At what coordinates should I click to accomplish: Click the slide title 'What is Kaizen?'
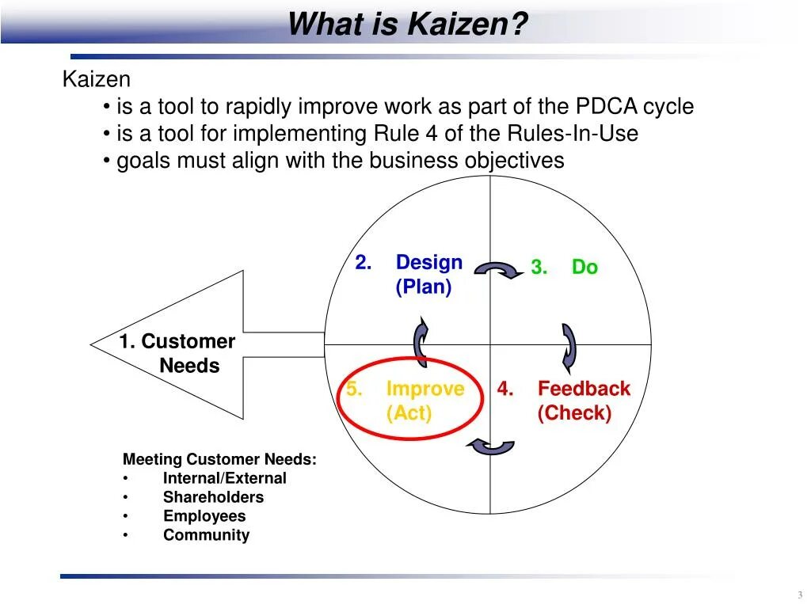coord(407,24)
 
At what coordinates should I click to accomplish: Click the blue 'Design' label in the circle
coord(428,262)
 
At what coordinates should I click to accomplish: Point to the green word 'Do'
coord(584,268)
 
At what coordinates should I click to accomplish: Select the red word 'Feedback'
coord(584,389)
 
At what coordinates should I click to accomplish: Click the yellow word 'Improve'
coord(425,389)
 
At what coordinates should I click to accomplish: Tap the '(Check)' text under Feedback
coord(574,413)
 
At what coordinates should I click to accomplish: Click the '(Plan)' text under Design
coord(424,287)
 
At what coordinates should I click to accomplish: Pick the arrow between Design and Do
coord(497,270)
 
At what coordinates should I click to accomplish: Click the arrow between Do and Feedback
coord(569,348)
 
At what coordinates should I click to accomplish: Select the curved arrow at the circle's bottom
coord(491,446)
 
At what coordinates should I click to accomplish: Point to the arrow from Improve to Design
coord(421,341)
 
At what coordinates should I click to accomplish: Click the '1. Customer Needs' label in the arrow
coord(178,353)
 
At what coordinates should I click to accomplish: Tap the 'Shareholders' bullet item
coord(213,497)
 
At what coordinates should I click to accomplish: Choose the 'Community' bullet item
coord(206,535)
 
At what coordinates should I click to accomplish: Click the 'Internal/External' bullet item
coord(225,478)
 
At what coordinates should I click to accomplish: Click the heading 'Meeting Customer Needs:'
coord(219,459)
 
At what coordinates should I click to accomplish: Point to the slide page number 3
coord(799,595)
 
